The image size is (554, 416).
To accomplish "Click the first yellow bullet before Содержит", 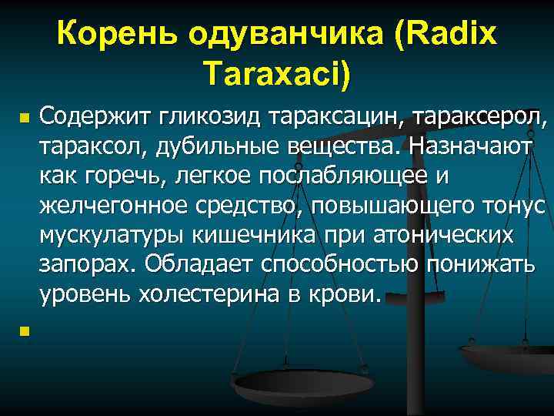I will [24, 121].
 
